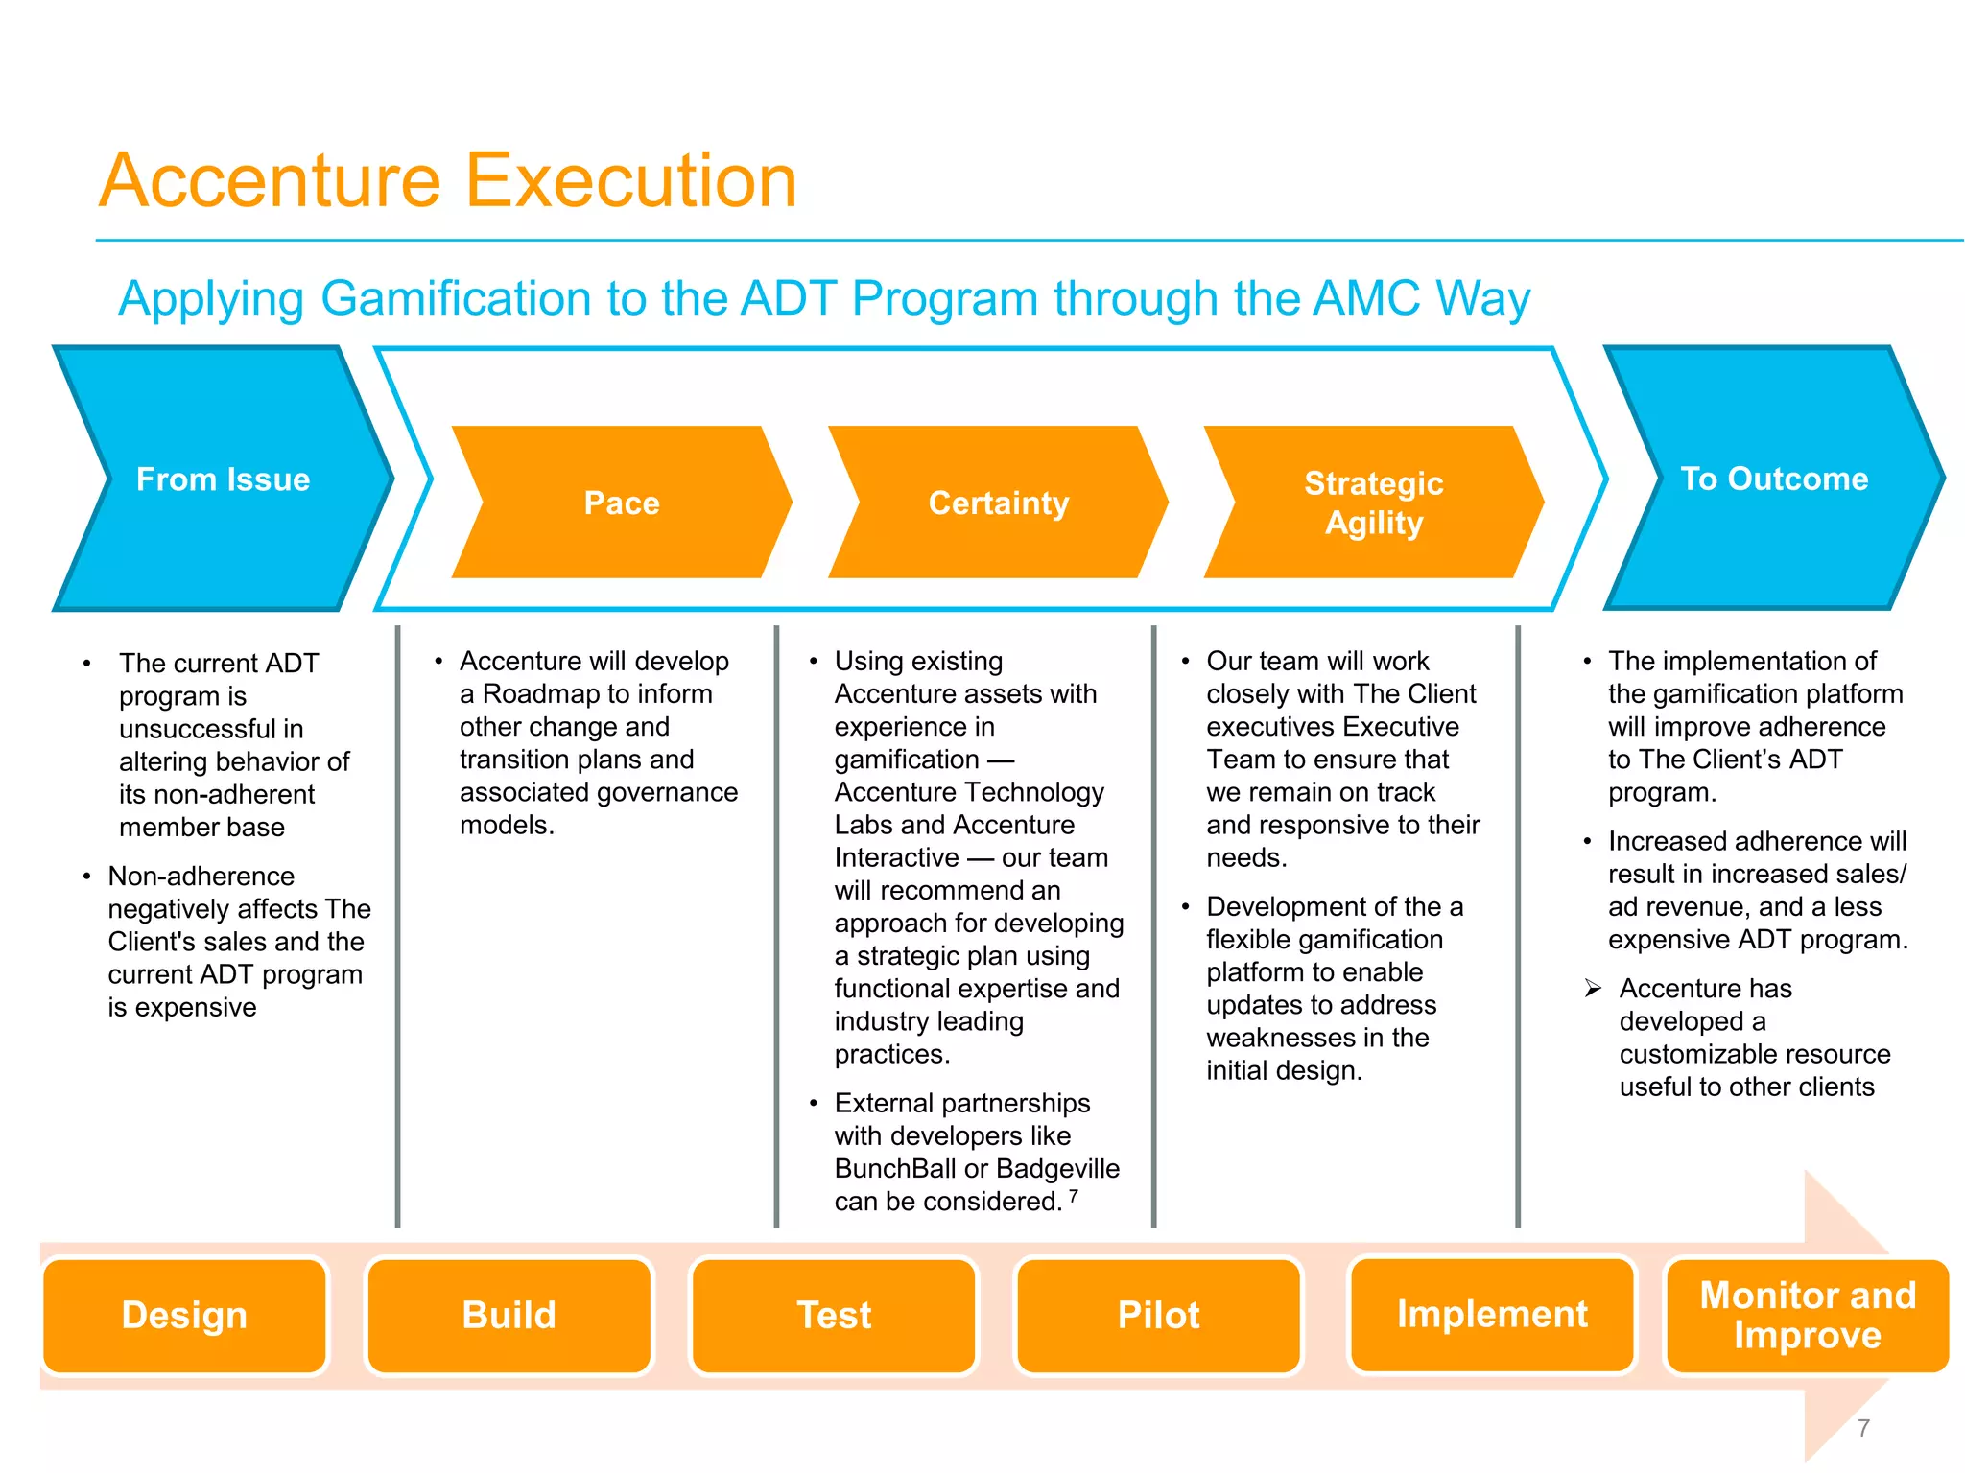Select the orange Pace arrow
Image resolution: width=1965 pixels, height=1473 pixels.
click(x=622, y=503)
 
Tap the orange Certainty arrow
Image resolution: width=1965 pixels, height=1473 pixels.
click(x=998, y=503)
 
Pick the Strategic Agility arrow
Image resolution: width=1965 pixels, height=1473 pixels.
click(x=1373, y=503)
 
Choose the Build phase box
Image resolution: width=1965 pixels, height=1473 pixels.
click(x=509, y=1315)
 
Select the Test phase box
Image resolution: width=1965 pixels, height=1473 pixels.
click(x=834, y=1315)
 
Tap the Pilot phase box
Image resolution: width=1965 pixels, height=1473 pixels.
click(x=1158, y=1315)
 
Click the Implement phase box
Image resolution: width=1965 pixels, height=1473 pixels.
click(x=1492, y=1314)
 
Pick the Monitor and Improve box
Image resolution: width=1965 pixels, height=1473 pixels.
click(x=1808, y=1315)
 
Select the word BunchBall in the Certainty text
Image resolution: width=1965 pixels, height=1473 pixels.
click(x=894, y=1169)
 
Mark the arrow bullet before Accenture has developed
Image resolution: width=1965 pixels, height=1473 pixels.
click(x=1593, y=988)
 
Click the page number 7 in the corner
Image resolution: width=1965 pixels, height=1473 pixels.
click(x=1863, y=1428)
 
